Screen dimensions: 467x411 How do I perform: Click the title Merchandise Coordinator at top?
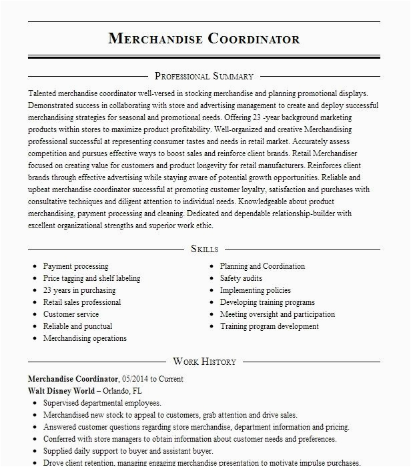(204, 38)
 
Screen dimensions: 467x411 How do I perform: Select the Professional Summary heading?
(204, 76)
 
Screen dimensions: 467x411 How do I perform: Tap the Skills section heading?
(204, 249)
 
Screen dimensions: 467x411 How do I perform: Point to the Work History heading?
(204, 362)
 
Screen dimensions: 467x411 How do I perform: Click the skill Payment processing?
(75, 266)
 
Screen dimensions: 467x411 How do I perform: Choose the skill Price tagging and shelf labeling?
(91, 278)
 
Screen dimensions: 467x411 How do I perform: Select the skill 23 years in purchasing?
(79, 290)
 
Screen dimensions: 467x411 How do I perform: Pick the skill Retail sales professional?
(82, 302)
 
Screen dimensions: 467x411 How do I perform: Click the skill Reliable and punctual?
(77, 326)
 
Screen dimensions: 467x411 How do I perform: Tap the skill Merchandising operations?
(85, 338)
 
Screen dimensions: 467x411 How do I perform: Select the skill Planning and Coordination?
(262, 266)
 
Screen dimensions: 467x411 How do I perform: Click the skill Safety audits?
(241, 278)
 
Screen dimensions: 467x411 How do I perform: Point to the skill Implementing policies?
(256, 290)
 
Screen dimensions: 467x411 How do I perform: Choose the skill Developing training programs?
(267, 302)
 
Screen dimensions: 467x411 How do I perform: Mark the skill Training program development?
(270, 326)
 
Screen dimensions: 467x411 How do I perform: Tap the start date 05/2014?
(135, 379)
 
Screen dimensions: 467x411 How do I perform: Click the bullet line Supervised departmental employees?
(102, 403)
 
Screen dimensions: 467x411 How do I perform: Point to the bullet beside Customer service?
(34, 314)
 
